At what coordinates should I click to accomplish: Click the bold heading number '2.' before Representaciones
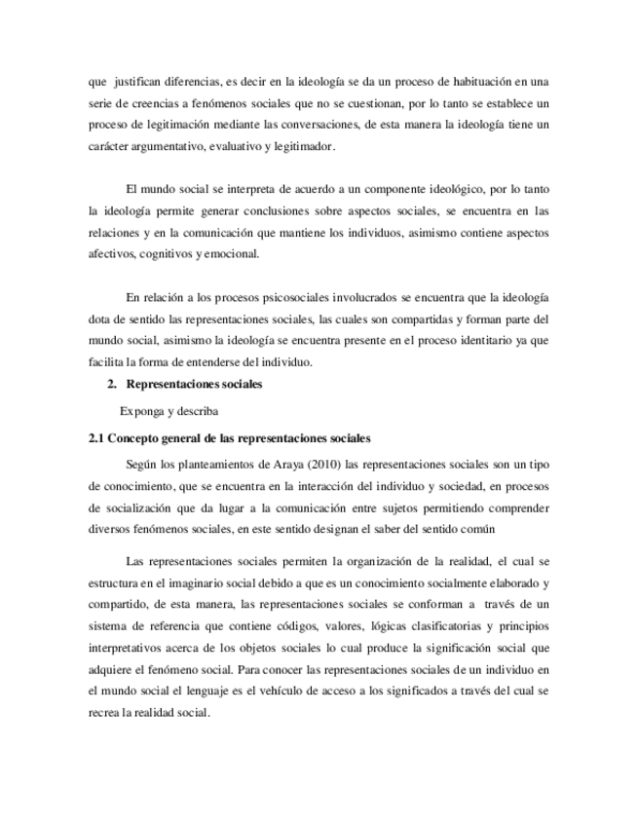point(112,385)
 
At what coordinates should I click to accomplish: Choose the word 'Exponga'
point(141,410)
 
